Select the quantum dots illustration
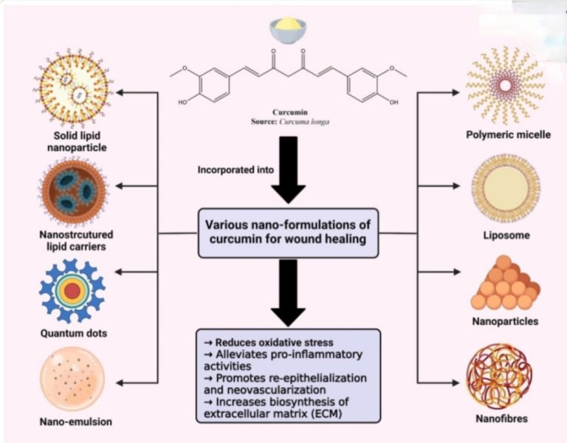(x=72, y=290)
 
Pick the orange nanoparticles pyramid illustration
(x=504, y=284)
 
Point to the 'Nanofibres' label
(x=504, y=421)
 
